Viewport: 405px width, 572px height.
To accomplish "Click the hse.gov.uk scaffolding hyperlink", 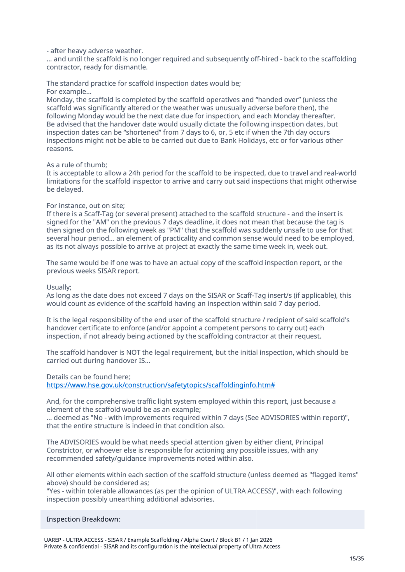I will [x=161, y=385].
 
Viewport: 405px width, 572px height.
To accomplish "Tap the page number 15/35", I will [x=357, y=558].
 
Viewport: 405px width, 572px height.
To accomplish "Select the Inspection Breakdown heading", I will [x=83, y=519].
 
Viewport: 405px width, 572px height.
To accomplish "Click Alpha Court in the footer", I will [x=199, y=540].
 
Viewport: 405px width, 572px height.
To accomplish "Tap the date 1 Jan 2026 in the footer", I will [x=259, y=540].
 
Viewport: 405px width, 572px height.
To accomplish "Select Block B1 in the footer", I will [x=230, y=540].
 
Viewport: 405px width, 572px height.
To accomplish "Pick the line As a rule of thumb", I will [x=77, y=165].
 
